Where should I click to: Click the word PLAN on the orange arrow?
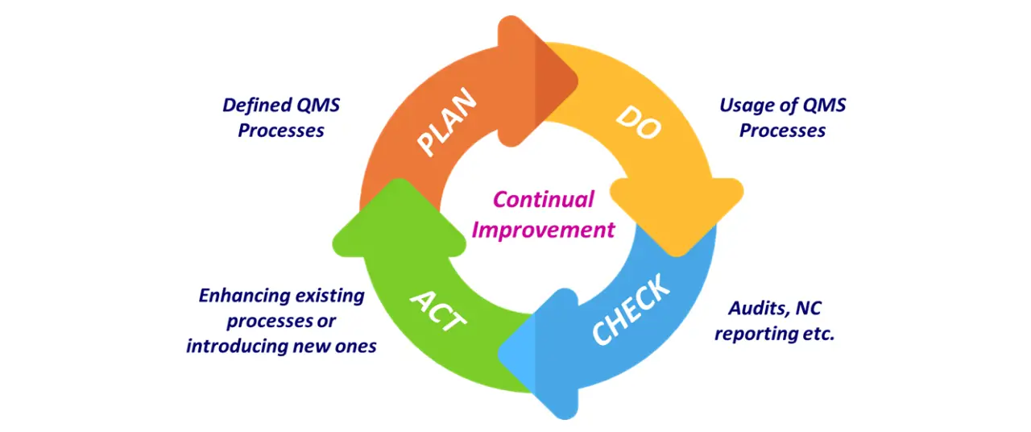(448, 122)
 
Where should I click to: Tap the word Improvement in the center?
(543, 230)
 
